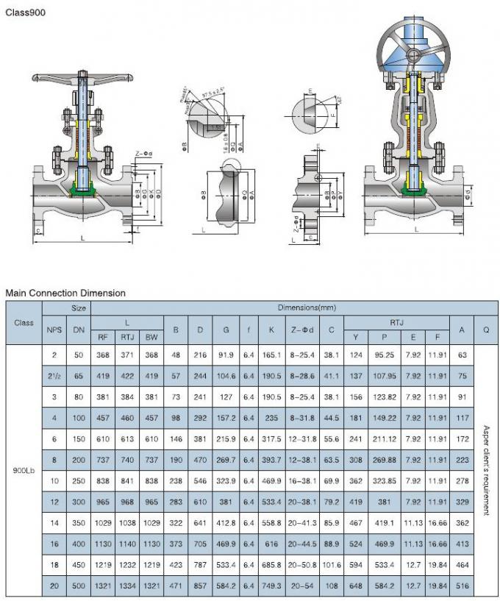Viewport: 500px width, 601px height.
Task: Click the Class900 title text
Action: pos(25,13)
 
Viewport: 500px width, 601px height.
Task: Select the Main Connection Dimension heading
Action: pos(65,293)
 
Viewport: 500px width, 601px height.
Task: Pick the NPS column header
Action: pos(54,330)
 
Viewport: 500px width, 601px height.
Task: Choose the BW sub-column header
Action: pos(151,337)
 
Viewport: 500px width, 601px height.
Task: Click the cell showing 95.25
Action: pos(385,355)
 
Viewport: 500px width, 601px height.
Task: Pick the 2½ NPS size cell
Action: pos(54,375)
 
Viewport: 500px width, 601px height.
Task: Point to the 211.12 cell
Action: pos(385,438)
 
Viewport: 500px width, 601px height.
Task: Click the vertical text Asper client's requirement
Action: pos(486,470)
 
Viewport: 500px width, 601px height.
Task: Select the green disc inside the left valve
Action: pos(85,192)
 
